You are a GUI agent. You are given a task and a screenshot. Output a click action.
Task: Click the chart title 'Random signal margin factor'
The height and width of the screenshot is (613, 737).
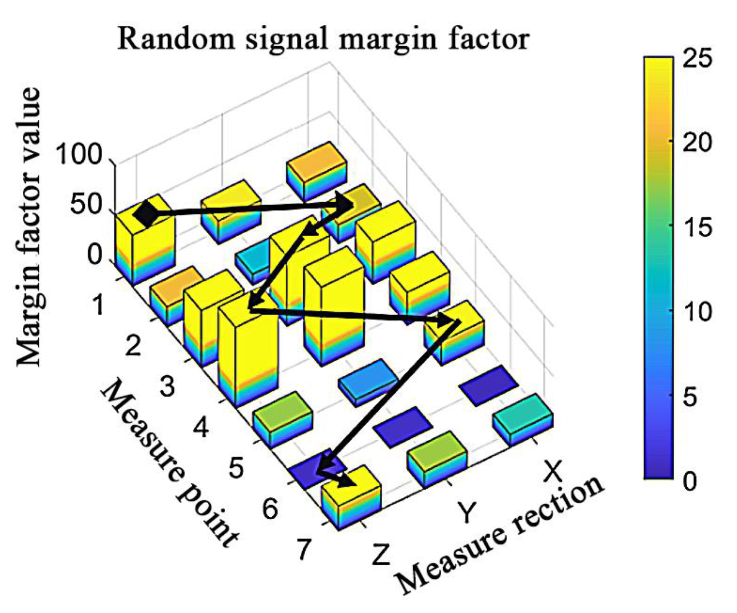click(323, 40)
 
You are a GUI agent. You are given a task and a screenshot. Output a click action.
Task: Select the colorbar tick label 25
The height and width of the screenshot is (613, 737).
click(697, 58)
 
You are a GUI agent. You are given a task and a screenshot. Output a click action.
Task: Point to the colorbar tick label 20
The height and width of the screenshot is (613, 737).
click(697, 143)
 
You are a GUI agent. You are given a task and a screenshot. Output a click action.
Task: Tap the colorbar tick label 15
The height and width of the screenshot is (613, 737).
click(697, 227)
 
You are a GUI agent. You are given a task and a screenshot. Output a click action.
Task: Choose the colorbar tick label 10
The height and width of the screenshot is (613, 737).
click(697, 312)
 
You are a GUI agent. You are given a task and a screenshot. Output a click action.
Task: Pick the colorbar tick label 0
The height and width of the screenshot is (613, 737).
click(690, 481)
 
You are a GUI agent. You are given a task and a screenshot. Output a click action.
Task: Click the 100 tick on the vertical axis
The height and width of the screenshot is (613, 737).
click(78, 155)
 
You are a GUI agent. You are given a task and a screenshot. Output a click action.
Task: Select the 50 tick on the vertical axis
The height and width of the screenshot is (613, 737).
click(86, 205)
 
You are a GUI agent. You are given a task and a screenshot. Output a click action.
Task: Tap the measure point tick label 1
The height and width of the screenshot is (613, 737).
click(98, 305)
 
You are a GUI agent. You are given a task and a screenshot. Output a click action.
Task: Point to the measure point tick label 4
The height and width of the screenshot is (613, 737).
click(201, 428)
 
